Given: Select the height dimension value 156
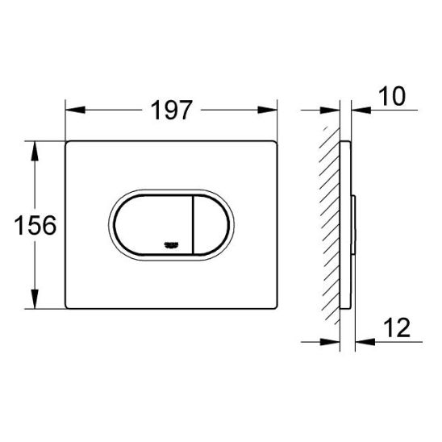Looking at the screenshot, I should [35, 225].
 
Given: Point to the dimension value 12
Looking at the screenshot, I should [394, 328].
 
